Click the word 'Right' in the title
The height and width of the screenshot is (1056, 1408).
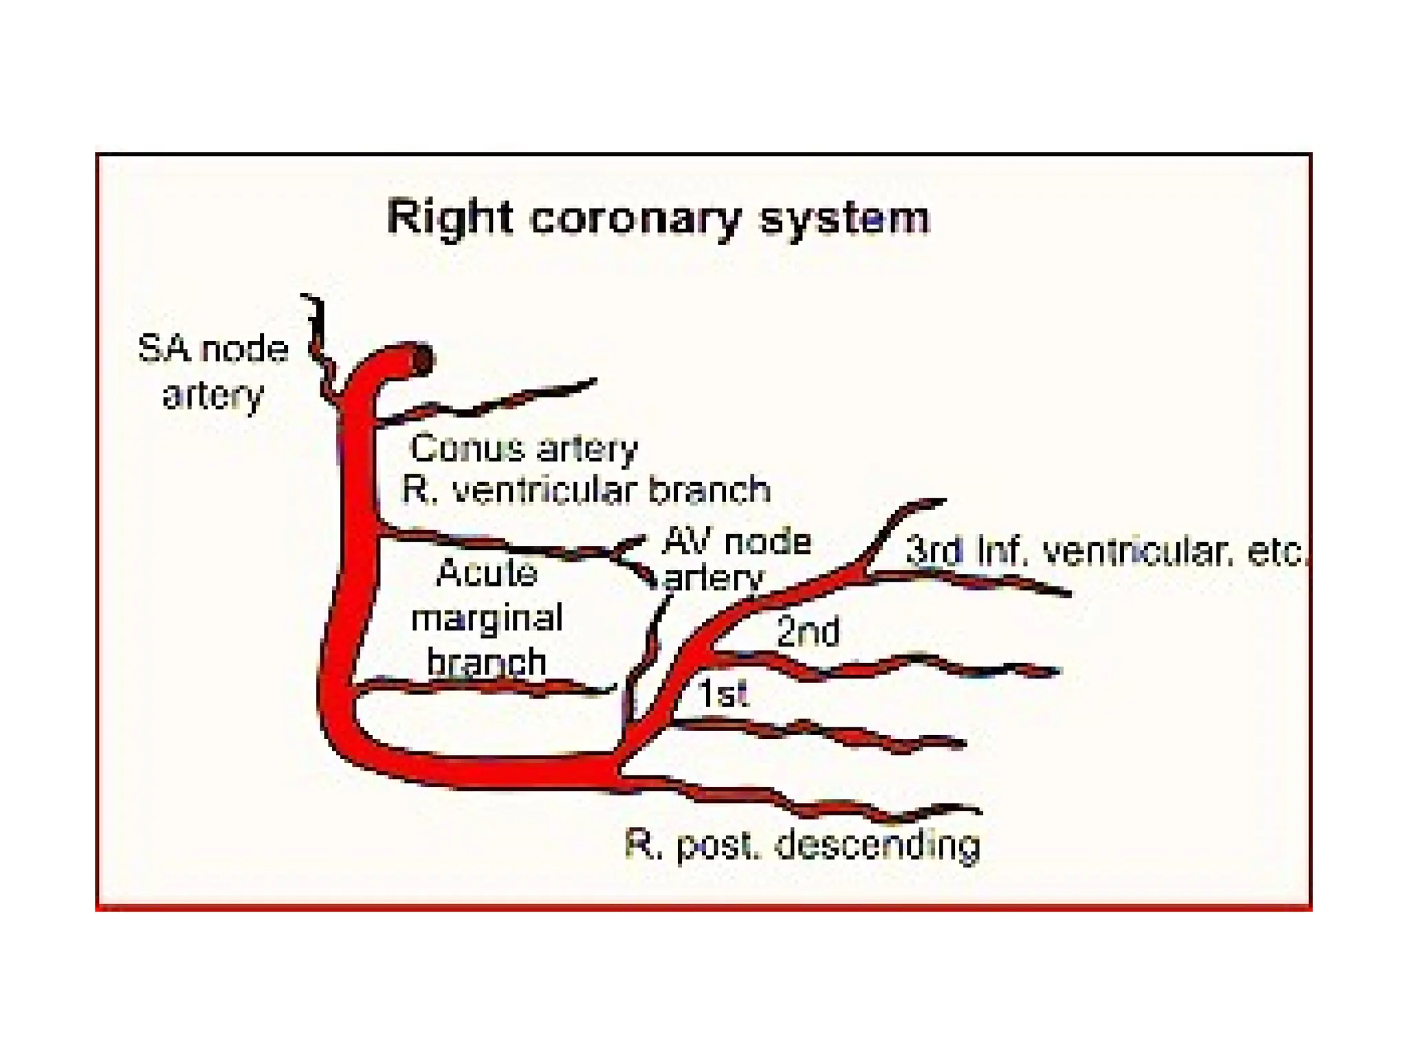[450, 218]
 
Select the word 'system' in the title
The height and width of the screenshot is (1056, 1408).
[844, 218]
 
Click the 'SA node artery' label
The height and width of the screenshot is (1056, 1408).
[213, 371]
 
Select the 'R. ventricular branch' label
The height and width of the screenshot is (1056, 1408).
[586, 490]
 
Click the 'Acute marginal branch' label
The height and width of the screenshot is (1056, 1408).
[487, 617]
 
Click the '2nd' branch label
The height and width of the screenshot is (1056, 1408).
[808, 631]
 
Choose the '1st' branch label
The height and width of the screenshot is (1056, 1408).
[722, 693]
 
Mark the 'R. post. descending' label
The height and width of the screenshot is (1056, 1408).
[802, 845]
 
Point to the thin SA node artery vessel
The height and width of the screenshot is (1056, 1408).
[318, 344]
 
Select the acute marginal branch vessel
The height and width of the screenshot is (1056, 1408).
[481, 686]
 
